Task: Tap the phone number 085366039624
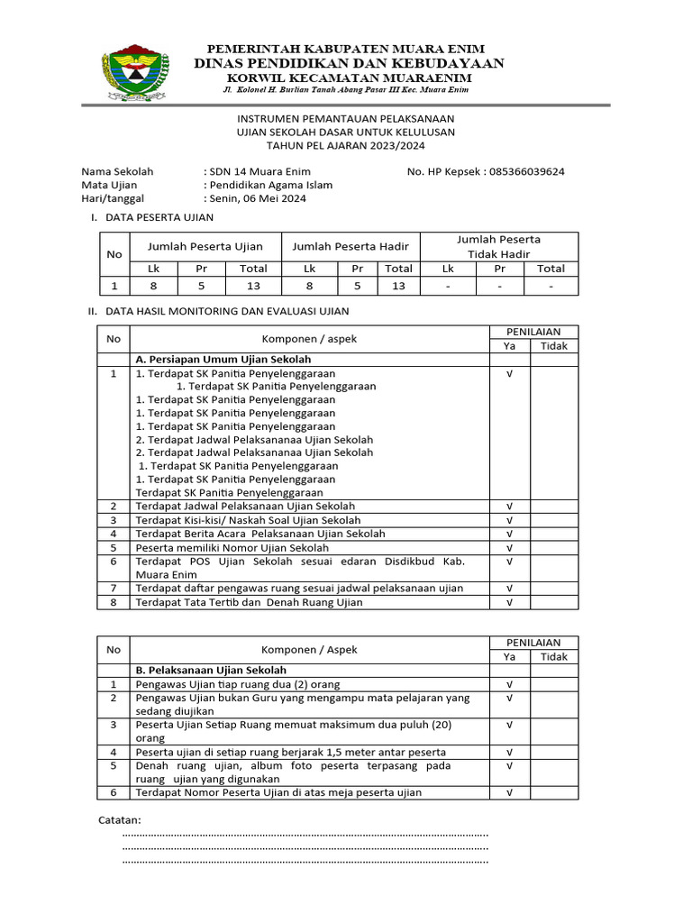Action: pos(527,171)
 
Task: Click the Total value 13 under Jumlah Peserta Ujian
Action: pos(253,286)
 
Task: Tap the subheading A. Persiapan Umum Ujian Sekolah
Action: pos(217,359)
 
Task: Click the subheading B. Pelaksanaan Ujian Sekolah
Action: pos(211,671)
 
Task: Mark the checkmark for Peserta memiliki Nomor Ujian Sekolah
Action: pos(509,547)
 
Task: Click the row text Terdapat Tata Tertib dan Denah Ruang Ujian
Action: pos(249,602)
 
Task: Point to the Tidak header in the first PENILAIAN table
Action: pos(554,346)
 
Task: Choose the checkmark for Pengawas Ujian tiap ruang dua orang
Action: pos(509,684)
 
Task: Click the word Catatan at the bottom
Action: pos(119,819)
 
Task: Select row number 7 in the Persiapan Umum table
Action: pos(114,588)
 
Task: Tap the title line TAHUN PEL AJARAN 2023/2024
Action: pos(346,145)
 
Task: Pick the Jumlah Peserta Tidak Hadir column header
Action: pos(498,246)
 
